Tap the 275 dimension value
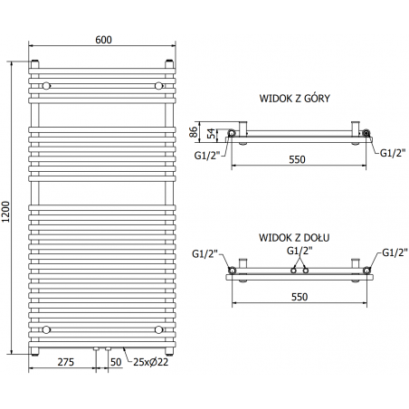click(64, 363)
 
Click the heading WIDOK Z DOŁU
click(293, 237)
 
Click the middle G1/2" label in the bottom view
click(300, 251)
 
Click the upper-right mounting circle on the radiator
click(157, 85)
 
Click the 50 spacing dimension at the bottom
click(114, 363)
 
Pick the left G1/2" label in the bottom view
click(204, 252)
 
